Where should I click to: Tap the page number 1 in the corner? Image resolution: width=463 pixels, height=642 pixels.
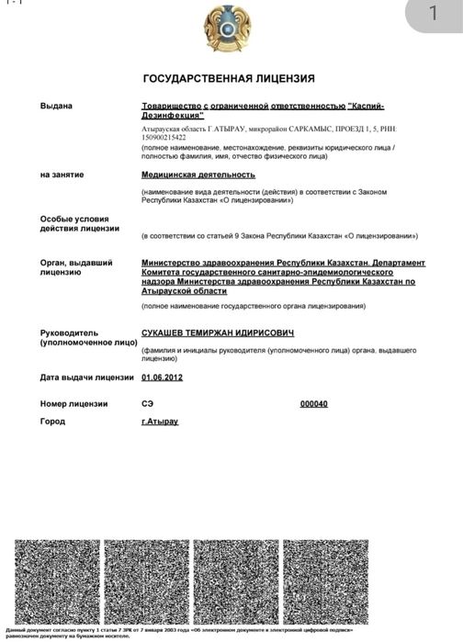434,15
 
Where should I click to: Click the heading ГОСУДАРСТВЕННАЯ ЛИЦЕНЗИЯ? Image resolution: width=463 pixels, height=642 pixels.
231,79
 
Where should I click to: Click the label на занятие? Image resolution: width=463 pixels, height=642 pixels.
62,174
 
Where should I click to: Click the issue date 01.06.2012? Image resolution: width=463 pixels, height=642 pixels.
163,377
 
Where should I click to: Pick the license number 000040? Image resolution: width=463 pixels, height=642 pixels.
313,404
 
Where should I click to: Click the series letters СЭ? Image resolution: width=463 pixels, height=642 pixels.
147,404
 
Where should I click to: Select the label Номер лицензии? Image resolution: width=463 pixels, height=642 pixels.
73,404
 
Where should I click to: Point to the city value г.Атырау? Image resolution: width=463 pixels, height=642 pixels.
159,422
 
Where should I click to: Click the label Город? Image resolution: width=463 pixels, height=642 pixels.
52,422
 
